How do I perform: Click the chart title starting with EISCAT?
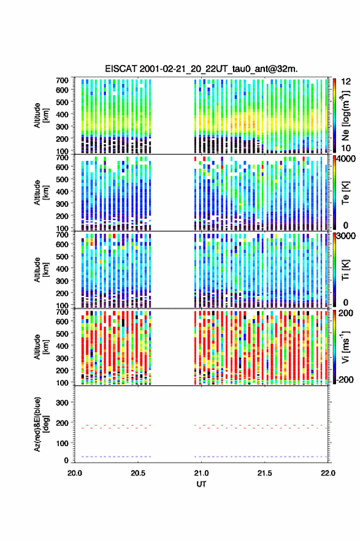(201, 69)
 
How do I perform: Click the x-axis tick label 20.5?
(138, 473)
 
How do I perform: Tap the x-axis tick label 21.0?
(201, 473)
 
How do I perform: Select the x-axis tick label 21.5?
(265, 473)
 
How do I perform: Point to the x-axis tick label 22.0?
(328, 473)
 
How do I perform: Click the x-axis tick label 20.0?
(75, 473)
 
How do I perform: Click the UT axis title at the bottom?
(201, 484)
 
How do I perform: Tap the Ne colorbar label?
(345, 115)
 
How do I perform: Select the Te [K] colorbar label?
(345, 193)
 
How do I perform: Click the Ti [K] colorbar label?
(345, 269)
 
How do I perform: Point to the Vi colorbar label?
(345, 347)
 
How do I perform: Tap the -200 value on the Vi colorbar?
(344, 379)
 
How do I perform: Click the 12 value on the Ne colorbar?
(346, 82)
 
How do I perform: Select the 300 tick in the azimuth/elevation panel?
(63, 403)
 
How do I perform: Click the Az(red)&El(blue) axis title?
(41, 424)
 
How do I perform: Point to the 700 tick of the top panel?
(63, 80)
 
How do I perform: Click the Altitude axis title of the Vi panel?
(41, 347)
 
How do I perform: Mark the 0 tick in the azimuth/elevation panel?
(66, 460)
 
